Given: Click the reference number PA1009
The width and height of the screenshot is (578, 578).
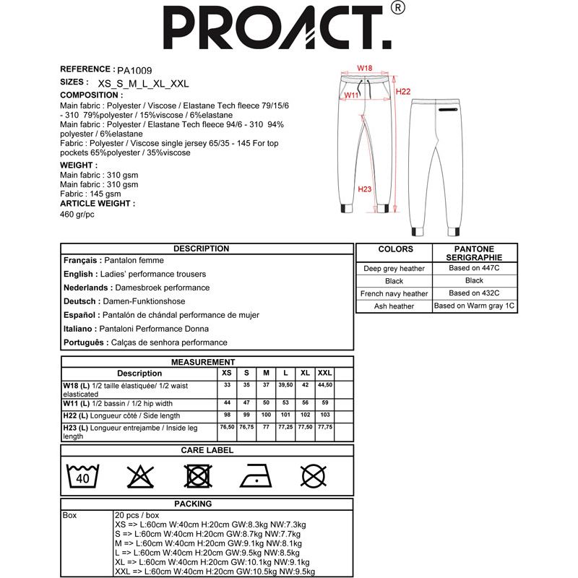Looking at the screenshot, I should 134,71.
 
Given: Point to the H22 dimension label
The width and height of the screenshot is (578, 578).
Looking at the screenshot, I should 403,92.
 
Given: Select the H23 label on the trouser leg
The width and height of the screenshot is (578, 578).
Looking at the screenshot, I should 365,189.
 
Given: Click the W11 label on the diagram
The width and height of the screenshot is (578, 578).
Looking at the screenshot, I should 352,95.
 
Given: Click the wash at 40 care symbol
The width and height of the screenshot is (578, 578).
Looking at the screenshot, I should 82,477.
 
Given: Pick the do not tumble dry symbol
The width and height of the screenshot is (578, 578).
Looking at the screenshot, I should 197,477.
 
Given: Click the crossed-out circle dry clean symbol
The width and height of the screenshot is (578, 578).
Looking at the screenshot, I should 312,477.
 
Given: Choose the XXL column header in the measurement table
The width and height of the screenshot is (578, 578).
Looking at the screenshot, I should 325,373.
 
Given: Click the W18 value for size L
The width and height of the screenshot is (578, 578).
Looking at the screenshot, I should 285,386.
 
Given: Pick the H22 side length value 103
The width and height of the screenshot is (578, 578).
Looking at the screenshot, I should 325,415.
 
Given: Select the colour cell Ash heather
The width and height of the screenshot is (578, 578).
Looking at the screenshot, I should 394,306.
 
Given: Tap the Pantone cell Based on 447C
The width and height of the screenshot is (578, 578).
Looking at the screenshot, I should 474,268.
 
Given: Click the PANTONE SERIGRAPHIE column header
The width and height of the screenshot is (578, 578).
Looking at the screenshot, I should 474,254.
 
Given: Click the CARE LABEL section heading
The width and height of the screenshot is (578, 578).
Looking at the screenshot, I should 207,450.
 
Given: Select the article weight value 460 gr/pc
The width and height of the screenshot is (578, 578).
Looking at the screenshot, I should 78,215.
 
